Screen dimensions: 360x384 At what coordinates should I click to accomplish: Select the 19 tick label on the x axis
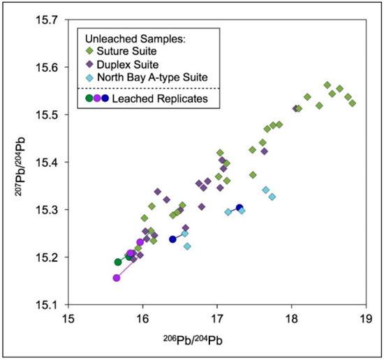coord(361,318)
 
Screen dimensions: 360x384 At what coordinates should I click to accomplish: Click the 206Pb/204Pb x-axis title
coord(214,340)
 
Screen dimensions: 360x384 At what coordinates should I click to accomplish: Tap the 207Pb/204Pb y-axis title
coord(19,163)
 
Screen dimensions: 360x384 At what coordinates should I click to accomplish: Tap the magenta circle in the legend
coord(97,98)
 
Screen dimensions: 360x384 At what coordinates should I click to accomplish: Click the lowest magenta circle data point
coord(117,278)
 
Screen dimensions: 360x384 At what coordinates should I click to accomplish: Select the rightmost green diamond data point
coord(353,103)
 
